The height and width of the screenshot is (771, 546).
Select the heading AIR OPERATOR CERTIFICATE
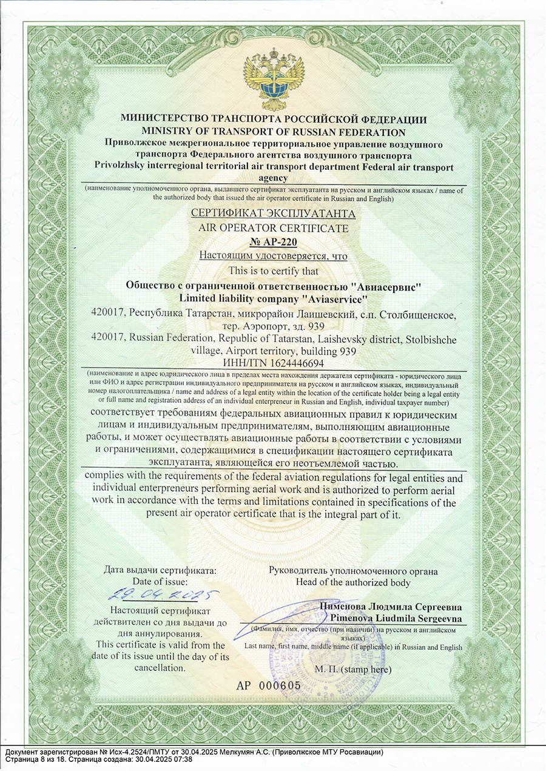(273, 229)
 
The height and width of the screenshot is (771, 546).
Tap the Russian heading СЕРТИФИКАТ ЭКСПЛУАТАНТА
(273, 214)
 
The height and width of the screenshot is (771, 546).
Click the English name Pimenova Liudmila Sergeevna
(396, 618)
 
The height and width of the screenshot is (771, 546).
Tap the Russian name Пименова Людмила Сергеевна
(391, 607)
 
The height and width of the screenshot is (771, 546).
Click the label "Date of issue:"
(160, 582)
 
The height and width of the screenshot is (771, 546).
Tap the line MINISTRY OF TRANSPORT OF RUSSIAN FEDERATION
(273, 132)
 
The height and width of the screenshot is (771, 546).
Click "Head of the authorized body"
(353, 582)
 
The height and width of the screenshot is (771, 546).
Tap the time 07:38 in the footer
(182, 759)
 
